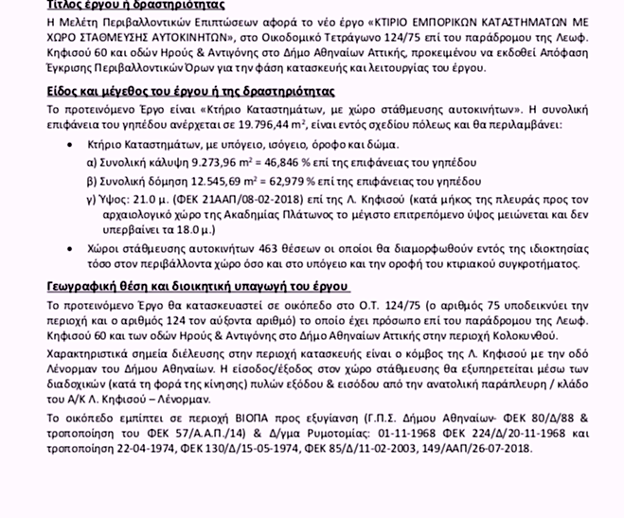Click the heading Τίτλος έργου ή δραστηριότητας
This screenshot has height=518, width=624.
(124, 6)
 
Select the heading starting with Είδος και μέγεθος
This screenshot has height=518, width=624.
(189, 92)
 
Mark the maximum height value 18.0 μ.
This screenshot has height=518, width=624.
(182, 229)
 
